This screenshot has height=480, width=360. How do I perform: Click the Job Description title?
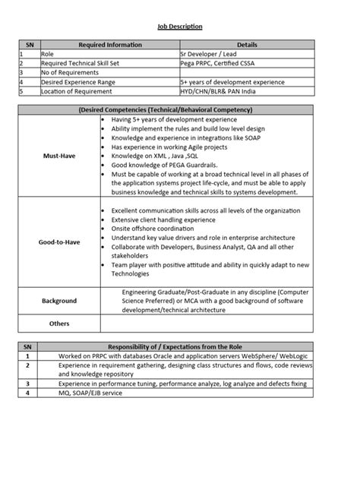(x=180, y=27)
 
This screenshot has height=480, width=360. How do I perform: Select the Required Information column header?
(x=109, y=45)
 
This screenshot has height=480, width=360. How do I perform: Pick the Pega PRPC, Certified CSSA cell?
(x=220, y=64)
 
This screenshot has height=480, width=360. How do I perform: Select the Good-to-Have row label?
(x=59, y=243)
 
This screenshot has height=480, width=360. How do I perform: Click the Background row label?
(x=59, y=301)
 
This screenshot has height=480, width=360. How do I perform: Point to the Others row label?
(x=59, y=324)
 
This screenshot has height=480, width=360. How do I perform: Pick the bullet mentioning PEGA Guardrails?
(x=161, y=164)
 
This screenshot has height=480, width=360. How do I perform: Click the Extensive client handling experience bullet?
(x=163, y=218)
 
